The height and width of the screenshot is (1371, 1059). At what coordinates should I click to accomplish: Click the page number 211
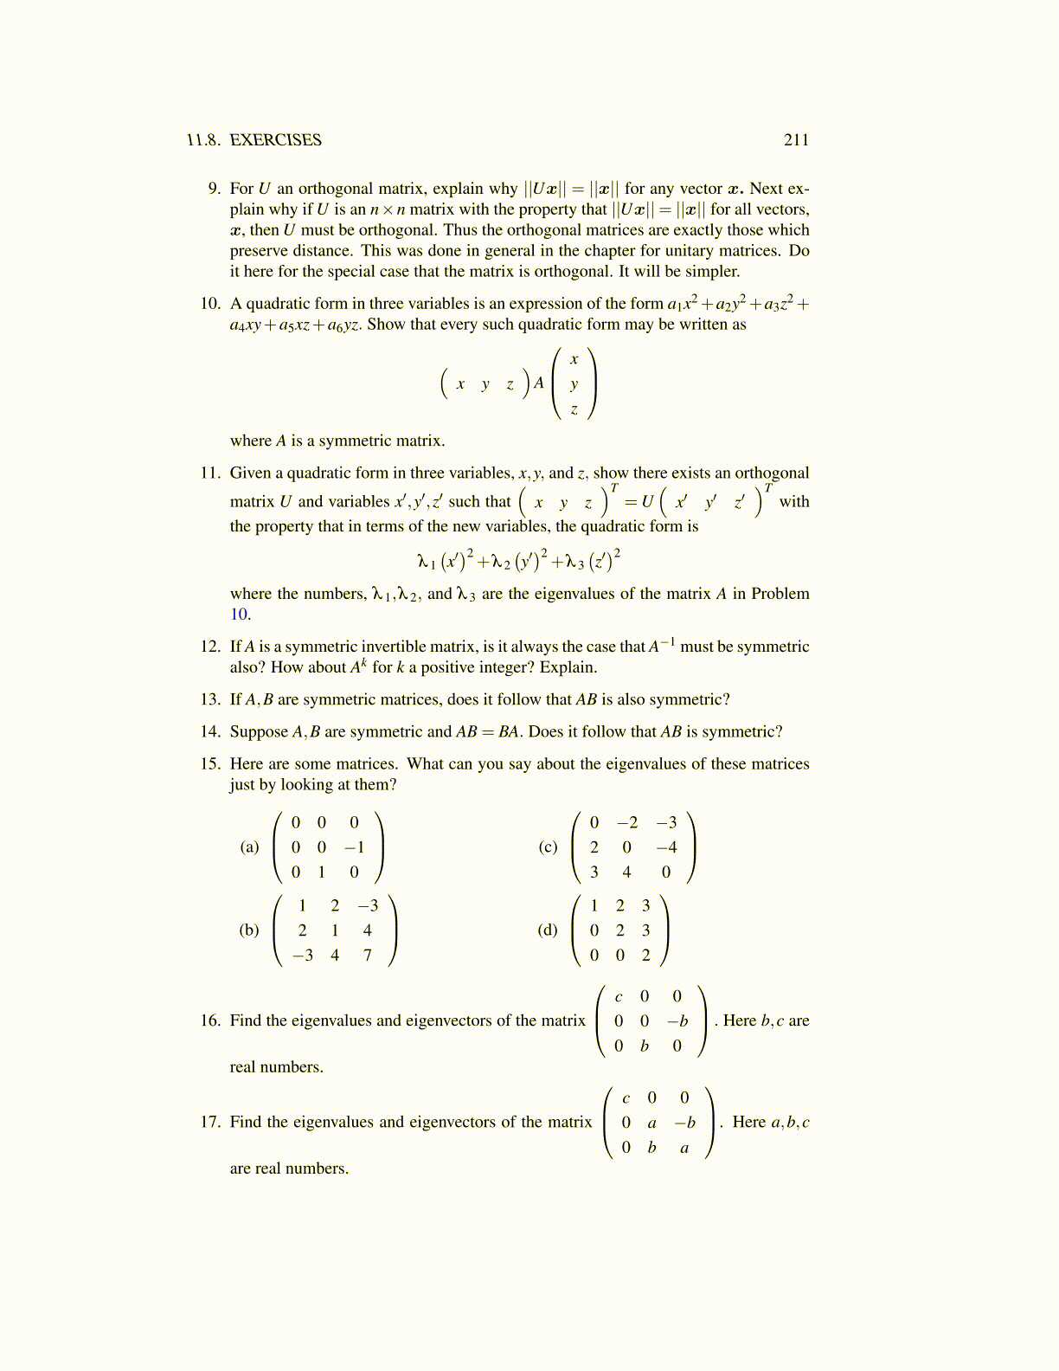[796, 140]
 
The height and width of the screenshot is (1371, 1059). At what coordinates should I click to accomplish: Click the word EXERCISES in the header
[275, 140]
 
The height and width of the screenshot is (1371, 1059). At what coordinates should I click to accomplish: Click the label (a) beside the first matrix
[249, 847]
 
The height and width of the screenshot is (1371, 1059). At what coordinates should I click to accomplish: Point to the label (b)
[249, 930]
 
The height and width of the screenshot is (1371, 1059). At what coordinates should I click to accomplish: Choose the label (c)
[548, 847]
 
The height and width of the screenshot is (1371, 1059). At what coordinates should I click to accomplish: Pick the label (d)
[548, 930]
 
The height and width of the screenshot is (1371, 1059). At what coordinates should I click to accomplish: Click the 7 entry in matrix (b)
[368, 956]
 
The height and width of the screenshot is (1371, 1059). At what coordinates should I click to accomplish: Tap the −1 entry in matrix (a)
[354, 847]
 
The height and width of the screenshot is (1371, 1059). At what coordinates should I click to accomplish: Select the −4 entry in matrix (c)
[666, 847]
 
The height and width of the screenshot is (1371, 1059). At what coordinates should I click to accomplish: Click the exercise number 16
[210, 1020]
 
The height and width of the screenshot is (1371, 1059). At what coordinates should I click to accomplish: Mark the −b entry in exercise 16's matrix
[677, 1021]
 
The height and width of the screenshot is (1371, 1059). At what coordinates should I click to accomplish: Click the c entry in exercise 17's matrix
[626, 1098]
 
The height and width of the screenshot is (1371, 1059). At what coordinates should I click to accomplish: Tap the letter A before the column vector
[538, 383]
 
